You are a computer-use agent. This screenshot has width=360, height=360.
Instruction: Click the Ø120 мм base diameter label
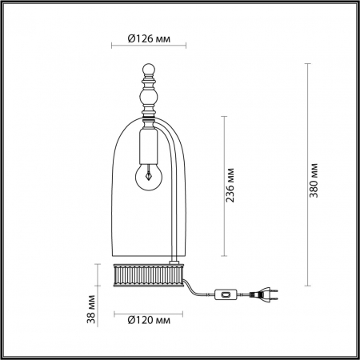(149, 321)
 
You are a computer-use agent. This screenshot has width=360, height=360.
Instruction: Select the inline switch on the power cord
(226, 294)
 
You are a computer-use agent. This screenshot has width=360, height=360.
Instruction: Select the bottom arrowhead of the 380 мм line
(309, 286)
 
